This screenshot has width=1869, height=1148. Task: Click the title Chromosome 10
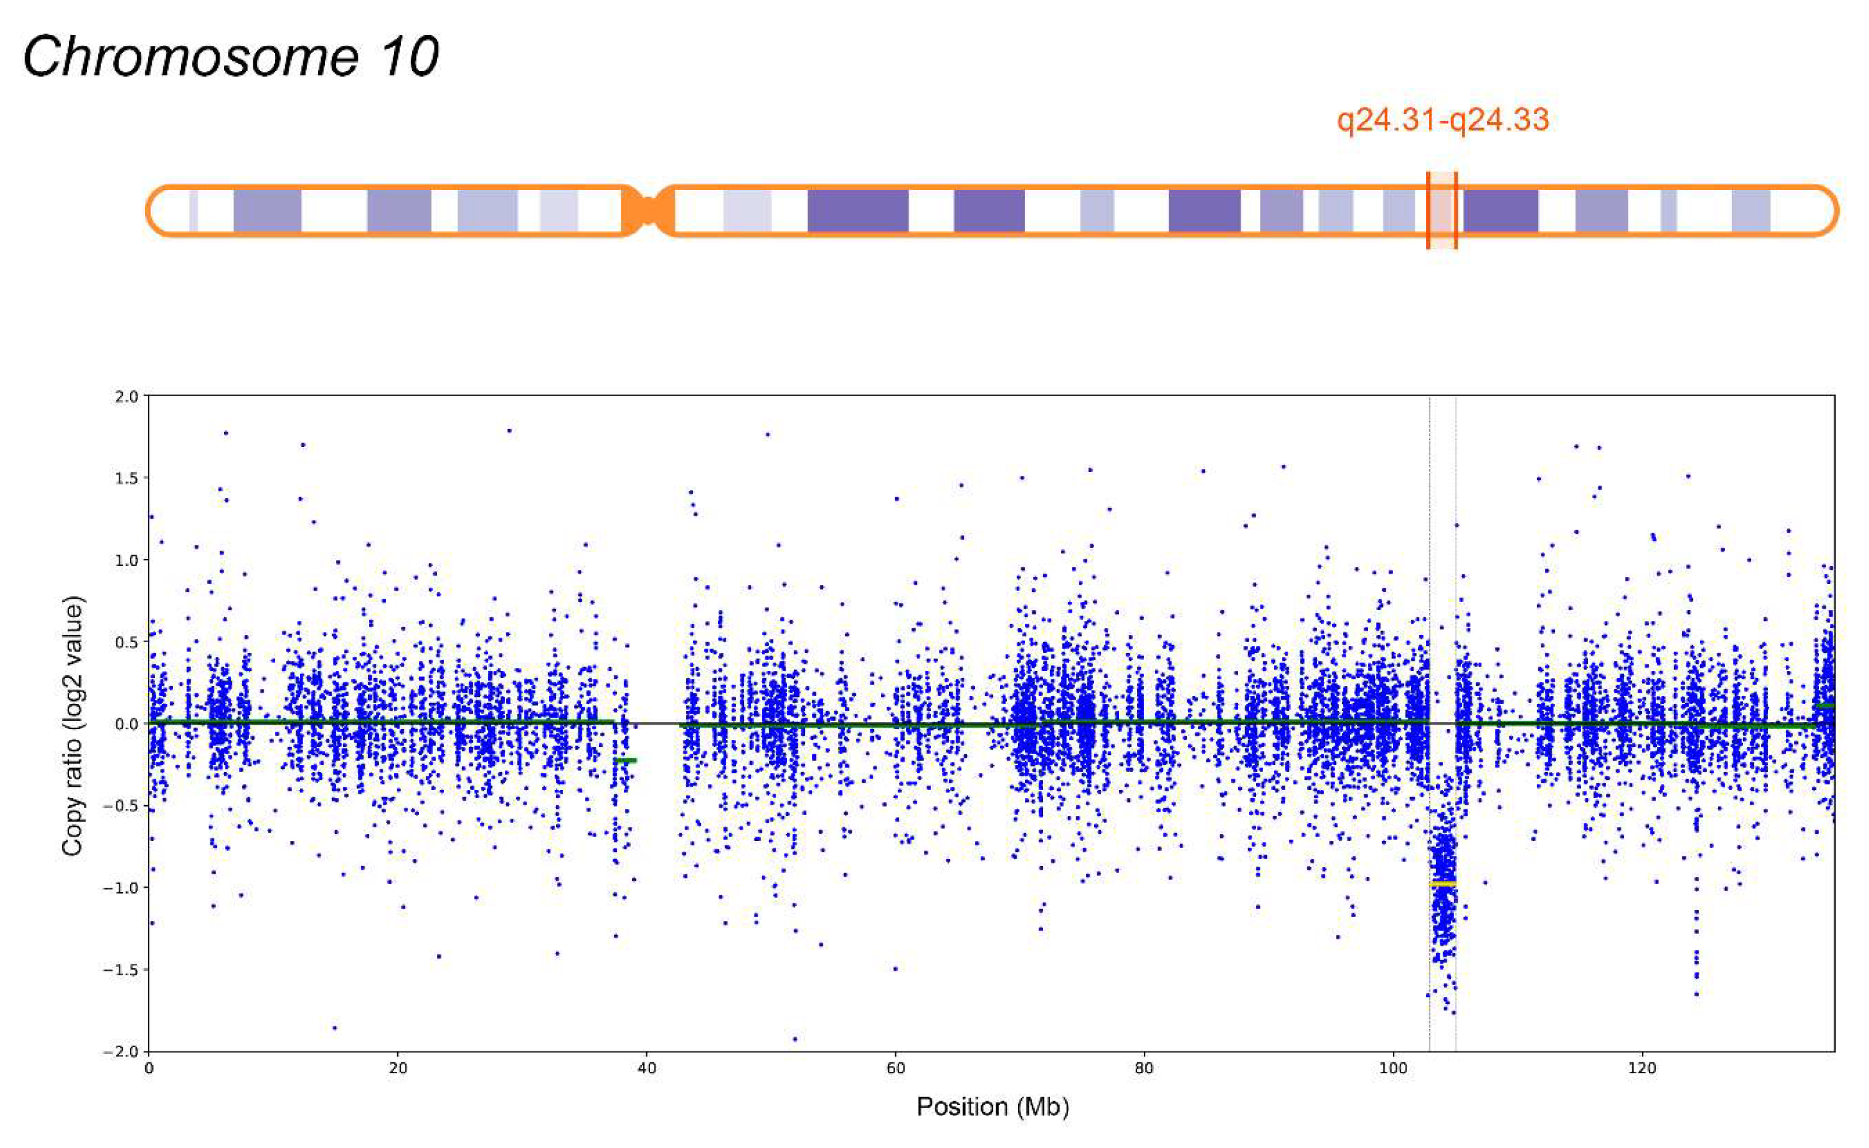[x=231, y=56]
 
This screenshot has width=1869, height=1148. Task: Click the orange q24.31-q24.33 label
[x=1442, y=120]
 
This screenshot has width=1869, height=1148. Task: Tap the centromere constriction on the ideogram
[x=648, y=210]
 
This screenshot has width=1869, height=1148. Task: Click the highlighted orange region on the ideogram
[x=1442, y=210]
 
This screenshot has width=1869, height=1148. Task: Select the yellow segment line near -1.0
[x=1442, y=884]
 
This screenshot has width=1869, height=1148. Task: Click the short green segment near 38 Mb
[x=626, y=760]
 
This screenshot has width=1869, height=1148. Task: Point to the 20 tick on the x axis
[x=397, y=1068]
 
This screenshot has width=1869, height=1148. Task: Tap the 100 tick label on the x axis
[x=1393, y=1068]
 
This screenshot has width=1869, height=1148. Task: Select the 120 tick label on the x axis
[x=1642, y=1068]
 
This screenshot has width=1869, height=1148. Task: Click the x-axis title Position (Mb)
[x=992, y=1107]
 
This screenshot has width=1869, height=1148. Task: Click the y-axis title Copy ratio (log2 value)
[x=73, y=726]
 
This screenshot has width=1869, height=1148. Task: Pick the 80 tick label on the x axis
[x=1145, y=1068]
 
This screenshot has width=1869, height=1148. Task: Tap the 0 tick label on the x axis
[x=149, y=1068]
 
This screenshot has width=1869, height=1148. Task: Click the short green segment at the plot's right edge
[x=1825, y=707]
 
